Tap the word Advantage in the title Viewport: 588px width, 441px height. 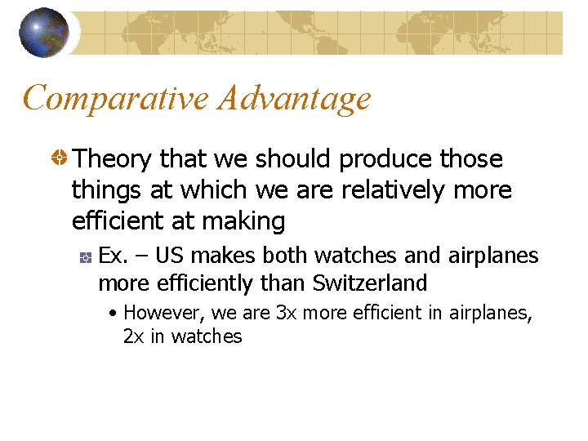click(295, 99)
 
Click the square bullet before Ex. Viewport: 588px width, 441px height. click(85, 257)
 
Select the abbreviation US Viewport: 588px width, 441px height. click(169, 256)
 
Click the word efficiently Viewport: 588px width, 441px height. click(206, 283)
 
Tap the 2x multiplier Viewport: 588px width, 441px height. click(134, 336)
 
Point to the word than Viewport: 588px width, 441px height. click(287, 283)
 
